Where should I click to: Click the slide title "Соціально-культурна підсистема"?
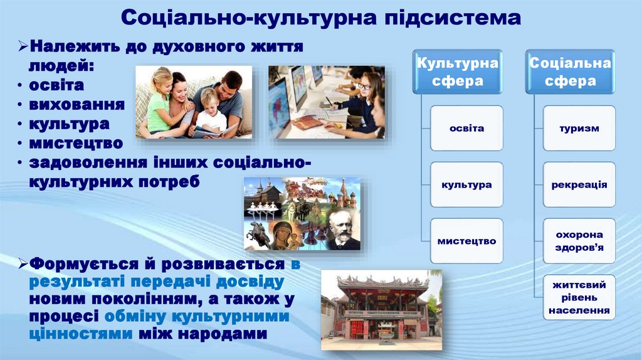320,18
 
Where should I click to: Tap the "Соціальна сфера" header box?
570,71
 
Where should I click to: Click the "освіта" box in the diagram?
466,129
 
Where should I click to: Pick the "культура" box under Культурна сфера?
466,185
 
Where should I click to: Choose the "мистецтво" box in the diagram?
466,241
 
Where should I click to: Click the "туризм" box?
579,129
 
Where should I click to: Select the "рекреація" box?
579,185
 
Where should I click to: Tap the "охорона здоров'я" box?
579,241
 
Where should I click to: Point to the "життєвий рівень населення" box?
579,297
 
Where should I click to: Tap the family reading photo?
194,102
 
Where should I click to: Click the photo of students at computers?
326,102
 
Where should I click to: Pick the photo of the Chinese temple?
381,310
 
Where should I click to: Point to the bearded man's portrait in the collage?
342,230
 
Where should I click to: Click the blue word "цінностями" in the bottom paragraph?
80,334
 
